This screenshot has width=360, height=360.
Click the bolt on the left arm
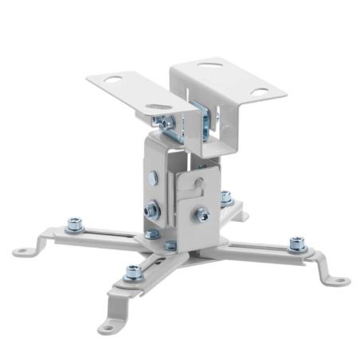pyautogui.click(x=76, y=225)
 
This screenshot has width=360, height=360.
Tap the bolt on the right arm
pyautogui.click(x=298, y=243)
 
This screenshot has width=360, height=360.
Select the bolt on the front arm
pyautogui.click(x=133, y=273)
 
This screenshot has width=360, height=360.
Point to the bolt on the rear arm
pyautogui.click(x=225, y=197)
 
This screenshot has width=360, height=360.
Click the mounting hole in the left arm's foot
pyautogui.click(x=22, y=251)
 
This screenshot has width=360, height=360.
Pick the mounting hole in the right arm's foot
pyautogui.click(x=340, y=280)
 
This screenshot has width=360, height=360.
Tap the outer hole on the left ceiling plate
pyautogui.click(x=112, y=80)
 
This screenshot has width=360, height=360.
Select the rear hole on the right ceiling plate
pyautogui.click(x=209, y=64)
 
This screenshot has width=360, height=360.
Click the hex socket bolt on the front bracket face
pyautogui.click(x=202, y=213)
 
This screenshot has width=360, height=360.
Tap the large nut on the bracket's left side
pyautogui.click(x=151, y=211)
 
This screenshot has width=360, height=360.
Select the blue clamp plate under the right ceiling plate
pyautogui.click(x=205, y=119)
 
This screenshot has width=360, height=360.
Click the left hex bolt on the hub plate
pyautogui.click(x=153, y=235)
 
